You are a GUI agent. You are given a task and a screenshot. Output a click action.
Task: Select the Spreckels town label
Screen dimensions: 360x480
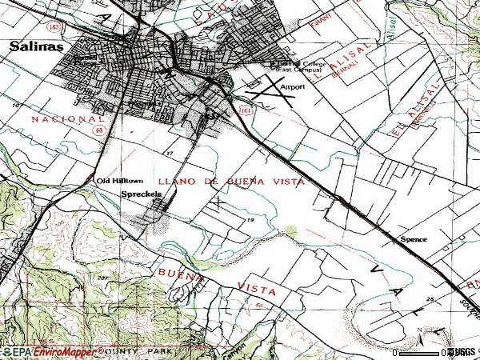point(142,194)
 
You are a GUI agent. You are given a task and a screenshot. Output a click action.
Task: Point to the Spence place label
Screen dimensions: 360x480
point(414,239)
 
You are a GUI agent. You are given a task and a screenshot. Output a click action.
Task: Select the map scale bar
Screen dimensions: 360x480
point(421,351)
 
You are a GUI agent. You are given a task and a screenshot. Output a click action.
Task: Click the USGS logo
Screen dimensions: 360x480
point(462,352)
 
